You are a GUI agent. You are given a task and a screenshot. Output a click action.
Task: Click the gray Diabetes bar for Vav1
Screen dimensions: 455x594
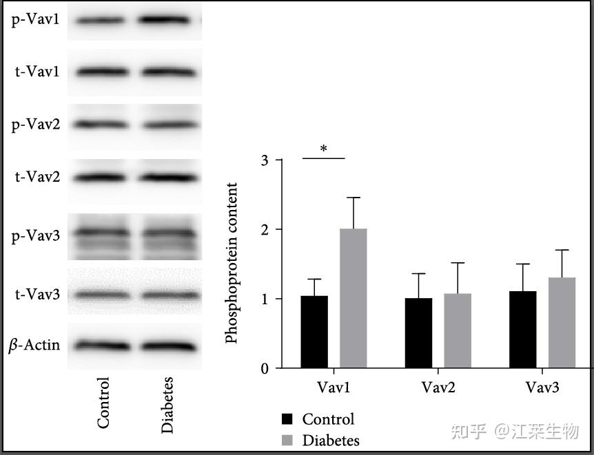click(353, 298)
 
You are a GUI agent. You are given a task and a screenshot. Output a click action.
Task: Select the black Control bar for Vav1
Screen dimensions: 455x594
click(314, 332)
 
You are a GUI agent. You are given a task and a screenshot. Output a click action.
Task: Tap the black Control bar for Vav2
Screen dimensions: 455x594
click(418, 333)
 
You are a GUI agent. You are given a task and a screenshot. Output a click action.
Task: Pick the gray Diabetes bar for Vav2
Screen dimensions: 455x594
click(457, 331)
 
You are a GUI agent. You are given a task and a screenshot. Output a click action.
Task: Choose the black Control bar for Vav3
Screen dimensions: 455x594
click(523, 330)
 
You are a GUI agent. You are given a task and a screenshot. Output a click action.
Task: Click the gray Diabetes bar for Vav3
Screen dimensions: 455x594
click(562, 323)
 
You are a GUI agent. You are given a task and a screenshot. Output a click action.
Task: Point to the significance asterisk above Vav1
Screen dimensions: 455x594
click(323, 149)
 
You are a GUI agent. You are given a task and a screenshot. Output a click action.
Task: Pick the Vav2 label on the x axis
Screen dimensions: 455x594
click(438, 388)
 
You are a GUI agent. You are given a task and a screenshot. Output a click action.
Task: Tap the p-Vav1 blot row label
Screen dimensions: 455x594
click(35, 19)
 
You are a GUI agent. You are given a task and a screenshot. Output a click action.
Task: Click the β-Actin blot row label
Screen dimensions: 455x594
click(34, 345)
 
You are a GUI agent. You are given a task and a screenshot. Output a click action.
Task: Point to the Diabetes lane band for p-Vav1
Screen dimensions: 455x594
click(167, 20)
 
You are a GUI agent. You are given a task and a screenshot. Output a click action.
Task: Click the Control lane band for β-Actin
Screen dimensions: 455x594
click(101, 345)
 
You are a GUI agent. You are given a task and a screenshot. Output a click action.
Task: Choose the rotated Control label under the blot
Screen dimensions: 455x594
click(103, 403)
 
